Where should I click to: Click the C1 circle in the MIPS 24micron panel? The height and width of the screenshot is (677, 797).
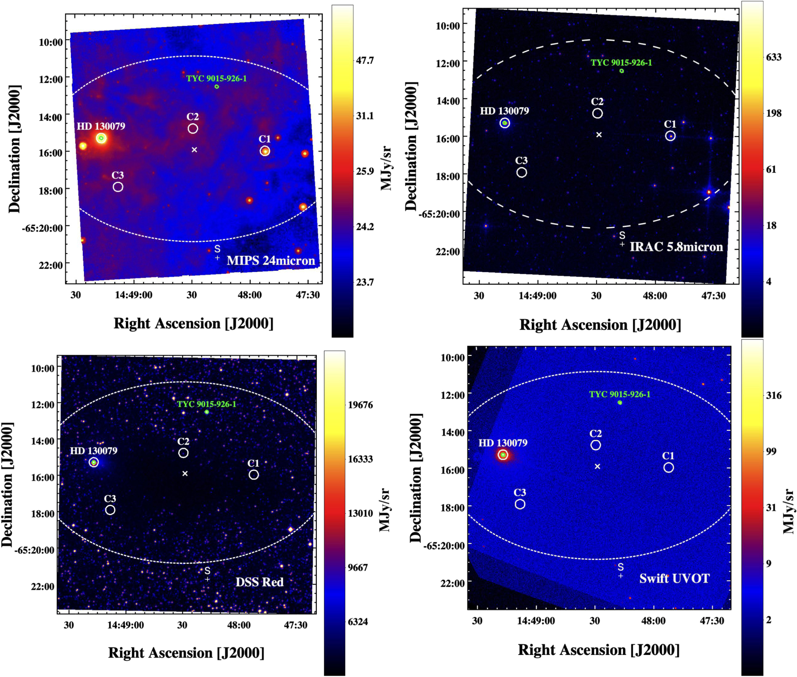264,151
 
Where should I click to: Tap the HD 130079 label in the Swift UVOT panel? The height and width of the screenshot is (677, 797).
502,443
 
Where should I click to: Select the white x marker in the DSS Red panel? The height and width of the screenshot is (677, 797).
185,473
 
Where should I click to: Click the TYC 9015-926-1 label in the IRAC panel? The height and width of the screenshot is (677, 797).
621,63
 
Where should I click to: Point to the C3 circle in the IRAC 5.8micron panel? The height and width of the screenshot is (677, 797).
521,172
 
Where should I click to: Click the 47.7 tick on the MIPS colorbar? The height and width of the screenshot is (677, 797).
365,60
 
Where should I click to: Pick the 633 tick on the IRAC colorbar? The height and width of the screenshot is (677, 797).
773,57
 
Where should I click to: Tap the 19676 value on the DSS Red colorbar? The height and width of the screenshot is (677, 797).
360,405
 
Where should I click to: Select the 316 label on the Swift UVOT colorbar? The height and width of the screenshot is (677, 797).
773,395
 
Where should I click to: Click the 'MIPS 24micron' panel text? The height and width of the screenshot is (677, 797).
271,260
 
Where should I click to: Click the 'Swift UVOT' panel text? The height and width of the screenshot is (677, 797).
674,578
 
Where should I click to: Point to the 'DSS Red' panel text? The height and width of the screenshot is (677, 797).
259,582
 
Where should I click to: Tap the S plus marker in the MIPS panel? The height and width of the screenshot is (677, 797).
217,258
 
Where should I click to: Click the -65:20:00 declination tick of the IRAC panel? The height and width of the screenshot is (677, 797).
439,214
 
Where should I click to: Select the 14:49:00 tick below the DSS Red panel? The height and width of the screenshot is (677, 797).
125,625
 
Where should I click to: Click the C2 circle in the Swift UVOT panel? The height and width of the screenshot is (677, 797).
595,445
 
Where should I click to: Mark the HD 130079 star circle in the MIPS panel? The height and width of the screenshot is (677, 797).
101,138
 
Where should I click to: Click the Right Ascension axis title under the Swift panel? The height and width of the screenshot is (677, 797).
598,650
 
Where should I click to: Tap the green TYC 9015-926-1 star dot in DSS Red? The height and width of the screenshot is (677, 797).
207,412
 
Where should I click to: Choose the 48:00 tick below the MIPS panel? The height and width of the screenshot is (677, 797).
250,295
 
